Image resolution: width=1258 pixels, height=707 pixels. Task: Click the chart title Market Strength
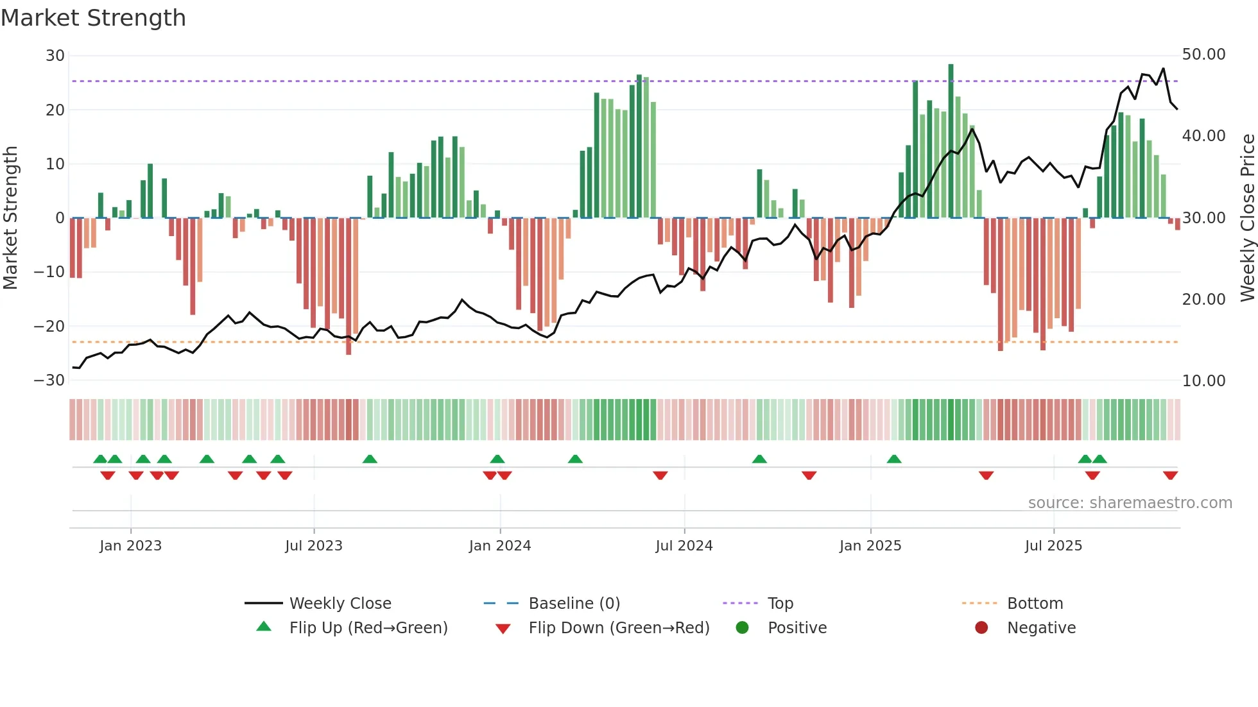(93, 18)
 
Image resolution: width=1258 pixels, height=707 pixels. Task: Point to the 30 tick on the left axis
(55, 56)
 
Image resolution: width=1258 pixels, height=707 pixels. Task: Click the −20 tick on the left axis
(49, 327)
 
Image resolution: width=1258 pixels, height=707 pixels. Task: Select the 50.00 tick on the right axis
(1203, 55)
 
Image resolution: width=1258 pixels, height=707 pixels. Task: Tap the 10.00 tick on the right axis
(1203, 381)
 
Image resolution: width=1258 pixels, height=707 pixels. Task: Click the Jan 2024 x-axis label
(500, 546)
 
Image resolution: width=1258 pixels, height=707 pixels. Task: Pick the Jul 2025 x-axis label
(1053, 546)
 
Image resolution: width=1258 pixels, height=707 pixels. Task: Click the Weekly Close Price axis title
(1247, 218)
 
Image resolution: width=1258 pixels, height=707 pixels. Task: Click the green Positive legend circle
(743, 627)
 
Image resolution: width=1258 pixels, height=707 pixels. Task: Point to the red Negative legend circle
(981, 627)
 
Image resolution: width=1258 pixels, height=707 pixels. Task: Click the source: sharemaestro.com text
(1130, 503)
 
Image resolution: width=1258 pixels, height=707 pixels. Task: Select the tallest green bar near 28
(951, 141)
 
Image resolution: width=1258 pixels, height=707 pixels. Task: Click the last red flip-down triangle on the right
(1170, 475)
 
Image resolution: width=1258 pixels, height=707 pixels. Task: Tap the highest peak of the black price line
(1163, 69)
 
